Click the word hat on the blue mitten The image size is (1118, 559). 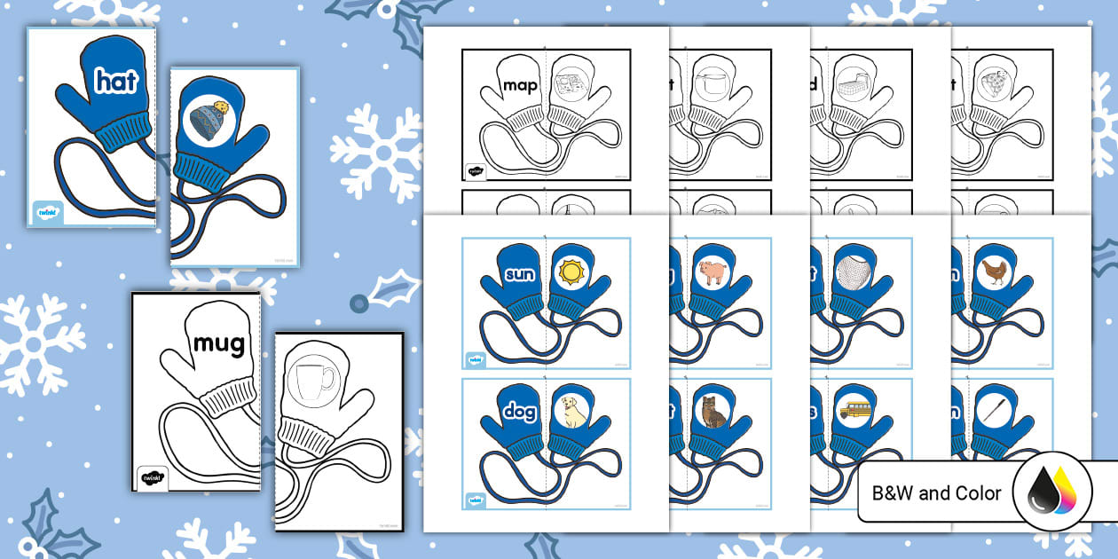116,83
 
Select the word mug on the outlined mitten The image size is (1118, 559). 218,342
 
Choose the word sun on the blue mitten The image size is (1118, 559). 521,273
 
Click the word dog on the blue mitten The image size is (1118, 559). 519,412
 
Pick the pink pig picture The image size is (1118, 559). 712,272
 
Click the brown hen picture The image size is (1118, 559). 994,272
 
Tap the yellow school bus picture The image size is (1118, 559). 853,411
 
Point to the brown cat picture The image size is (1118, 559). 712,412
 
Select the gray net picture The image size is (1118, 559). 853,272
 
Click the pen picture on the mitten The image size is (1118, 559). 994,411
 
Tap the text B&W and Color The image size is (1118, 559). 937,493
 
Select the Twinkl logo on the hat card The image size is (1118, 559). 48,213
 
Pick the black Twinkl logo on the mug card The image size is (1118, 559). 152,476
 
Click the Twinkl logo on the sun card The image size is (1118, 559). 475,359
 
